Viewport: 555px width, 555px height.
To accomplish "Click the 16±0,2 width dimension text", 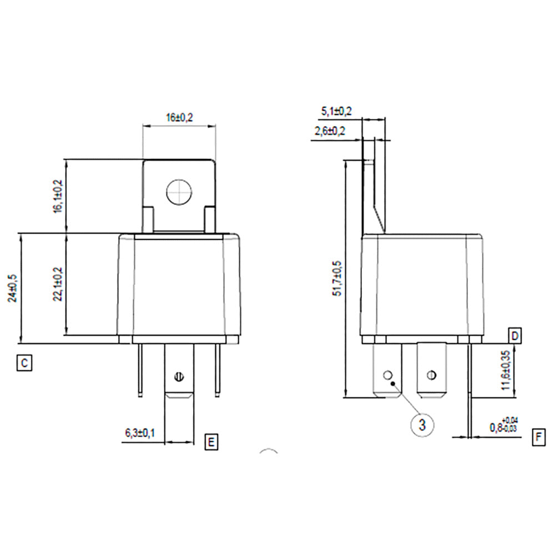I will pos(179,118).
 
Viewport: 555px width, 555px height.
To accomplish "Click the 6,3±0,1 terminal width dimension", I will pos(140,432).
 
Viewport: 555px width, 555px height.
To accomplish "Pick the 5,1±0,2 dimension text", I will pos(336,112).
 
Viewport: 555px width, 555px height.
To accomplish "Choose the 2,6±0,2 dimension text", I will pos(330,131).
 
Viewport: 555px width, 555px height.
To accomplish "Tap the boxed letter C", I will pos(23,364).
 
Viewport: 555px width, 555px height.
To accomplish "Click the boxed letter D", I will pos(515,336).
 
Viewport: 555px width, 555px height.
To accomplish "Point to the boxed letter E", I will pos(211,442).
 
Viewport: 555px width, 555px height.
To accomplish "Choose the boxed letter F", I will pos(537,436).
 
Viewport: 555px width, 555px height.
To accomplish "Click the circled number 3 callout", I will pos(422,425).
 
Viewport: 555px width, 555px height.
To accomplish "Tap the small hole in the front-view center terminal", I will pos(179,376).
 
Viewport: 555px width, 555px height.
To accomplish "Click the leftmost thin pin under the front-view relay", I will pos(139,370).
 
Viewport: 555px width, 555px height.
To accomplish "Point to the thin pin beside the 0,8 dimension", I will pos(470,389).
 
